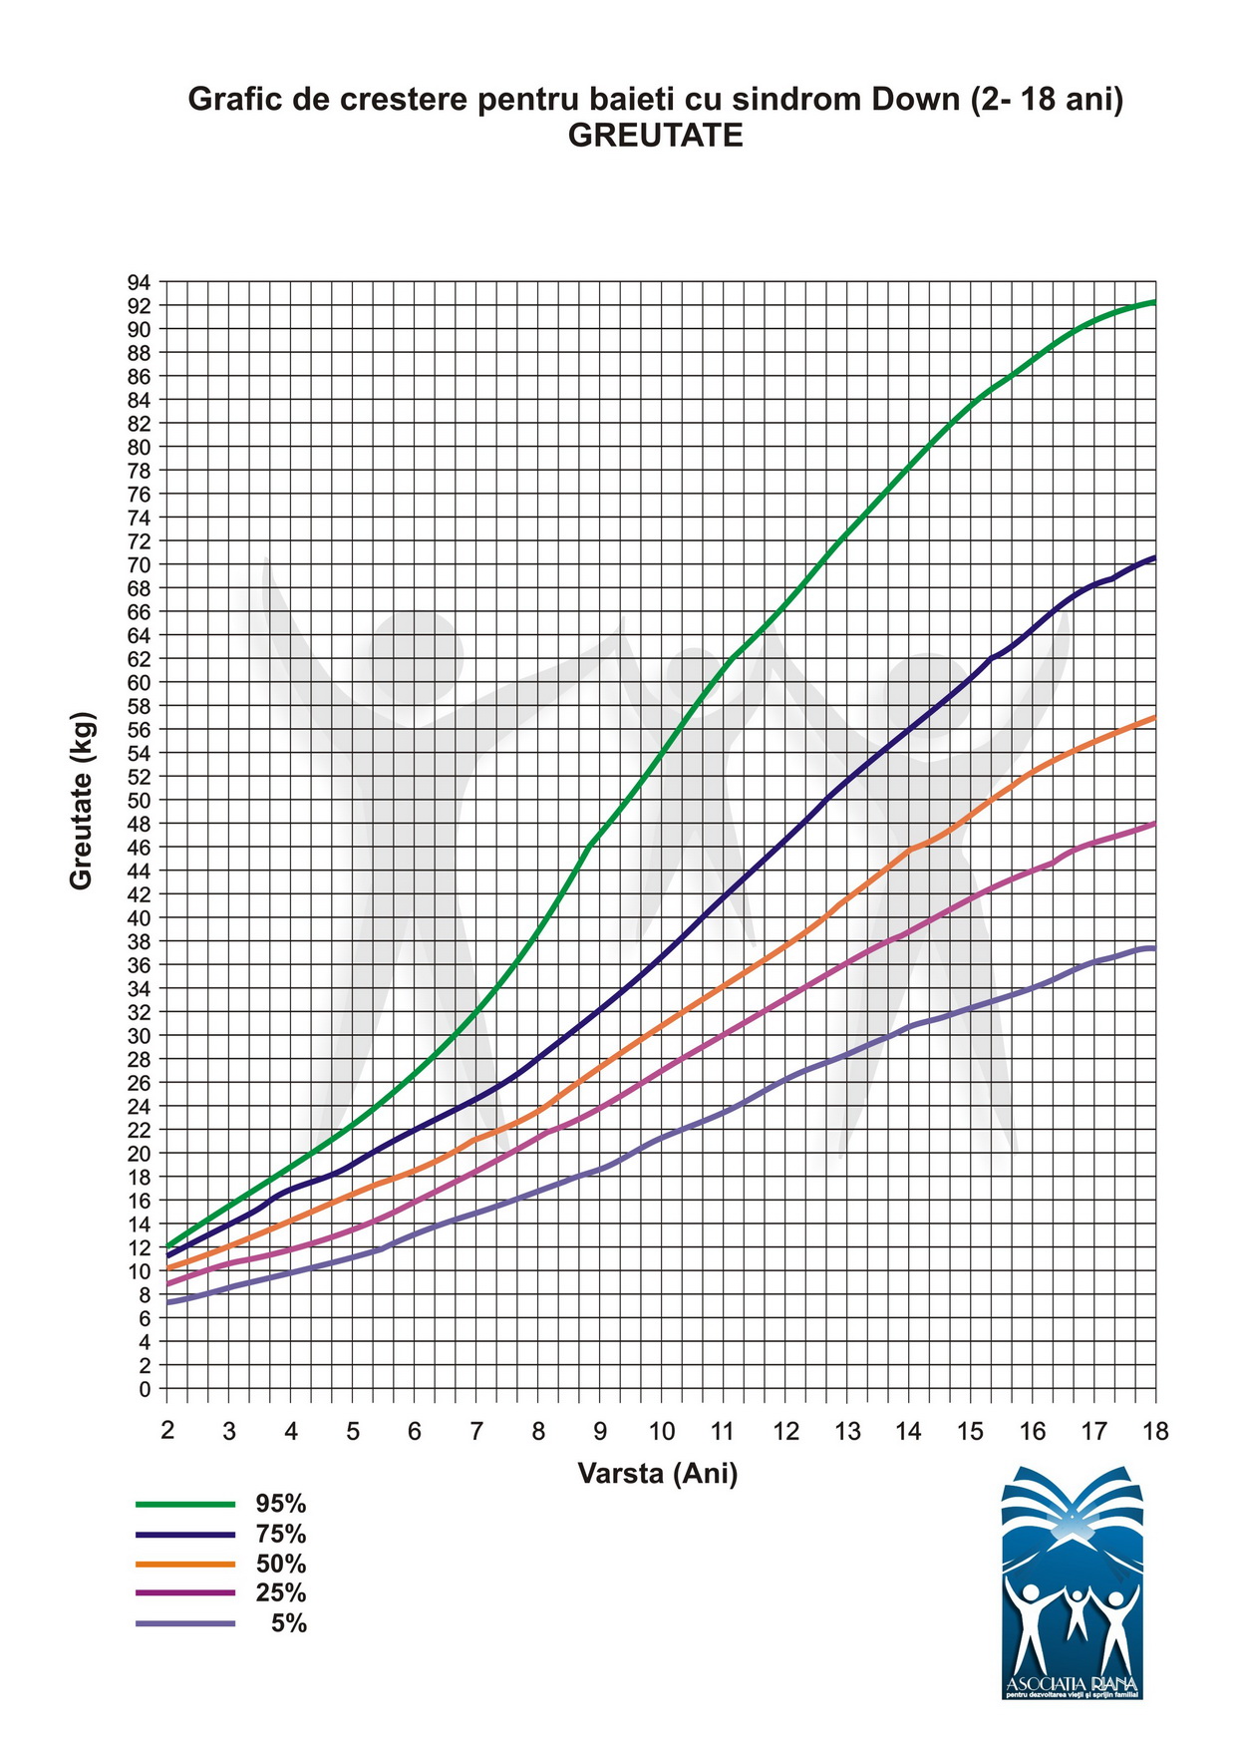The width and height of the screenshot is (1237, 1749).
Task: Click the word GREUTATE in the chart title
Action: [x=655, y=136]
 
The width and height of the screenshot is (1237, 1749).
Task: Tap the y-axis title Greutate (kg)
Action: [x=82, y=801]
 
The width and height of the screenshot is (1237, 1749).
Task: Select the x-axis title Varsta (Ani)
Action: [x=658, y=1473]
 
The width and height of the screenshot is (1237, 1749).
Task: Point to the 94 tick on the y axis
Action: [x=139, y=282]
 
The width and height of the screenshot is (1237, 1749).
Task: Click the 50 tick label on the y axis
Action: [x=139, y=800]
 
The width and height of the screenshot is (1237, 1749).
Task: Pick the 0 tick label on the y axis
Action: [x=146, y=1388]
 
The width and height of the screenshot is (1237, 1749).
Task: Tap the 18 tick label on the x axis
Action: [x=1155, y=1432]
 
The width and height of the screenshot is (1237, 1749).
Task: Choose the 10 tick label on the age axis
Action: [x=661, y=1432]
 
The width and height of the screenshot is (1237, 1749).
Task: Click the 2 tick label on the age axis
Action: [x=167, y=1431]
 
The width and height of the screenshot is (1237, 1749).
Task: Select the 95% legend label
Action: [x=280, y=1504]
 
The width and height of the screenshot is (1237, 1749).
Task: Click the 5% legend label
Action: [x=289, y=1624]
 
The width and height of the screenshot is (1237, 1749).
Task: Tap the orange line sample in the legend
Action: [x=185, y=1564]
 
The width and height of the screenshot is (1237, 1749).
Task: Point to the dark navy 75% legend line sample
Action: [x=185, y=1534]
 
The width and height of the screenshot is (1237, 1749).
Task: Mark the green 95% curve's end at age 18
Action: [x=1154, y=301]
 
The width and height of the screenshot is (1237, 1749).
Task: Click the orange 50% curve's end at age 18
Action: [x=1154, y=717]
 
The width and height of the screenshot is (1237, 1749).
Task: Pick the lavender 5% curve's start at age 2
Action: [x=168, y=1302]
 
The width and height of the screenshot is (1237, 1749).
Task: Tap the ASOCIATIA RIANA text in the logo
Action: [x=1073, y=1683]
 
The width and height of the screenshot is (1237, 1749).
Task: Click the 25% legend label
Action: [x=280, y=1593]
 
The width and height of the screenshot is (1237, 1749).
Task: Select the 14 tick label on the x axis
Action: [x=908, y=1432]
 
